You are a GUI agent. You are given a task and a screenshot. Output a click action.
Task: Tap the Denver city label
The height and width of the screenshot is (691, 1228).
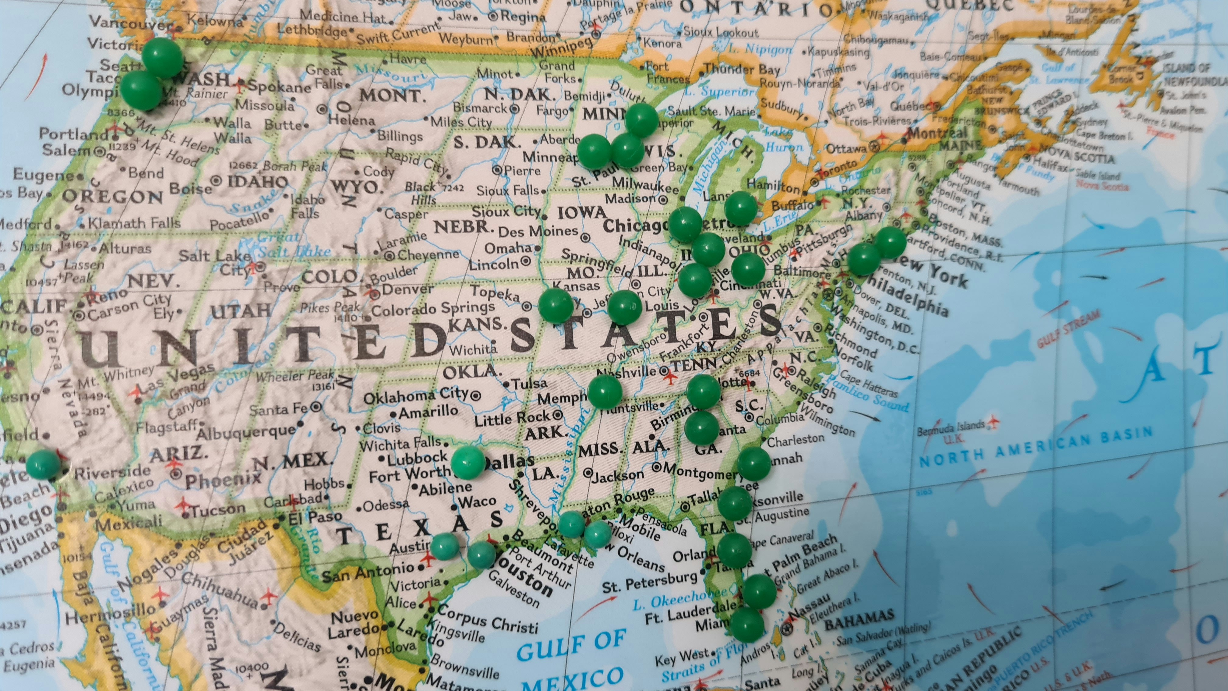[408, 289]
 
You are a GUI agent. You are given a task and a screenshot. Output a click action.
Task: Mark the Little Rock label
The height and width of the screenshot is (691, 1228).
[513, 419]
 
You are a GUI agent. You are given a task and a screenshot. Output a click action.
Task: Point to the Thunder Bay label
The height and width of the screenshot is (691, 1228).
[742, 70]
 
